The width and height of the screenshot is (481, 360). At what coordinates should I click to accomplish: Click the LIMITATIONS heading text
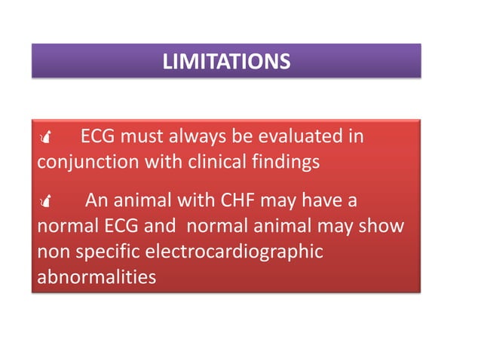click(225, 61)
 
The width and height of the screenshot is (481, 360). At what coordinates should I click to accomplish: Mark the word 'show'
click(384, 227)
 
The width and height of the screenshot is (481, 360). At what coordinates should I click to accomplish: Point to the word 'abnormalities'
click(97, 276)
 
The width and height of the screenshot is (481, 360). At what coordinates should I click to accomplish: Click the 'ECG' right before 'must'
click(98, 138)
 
